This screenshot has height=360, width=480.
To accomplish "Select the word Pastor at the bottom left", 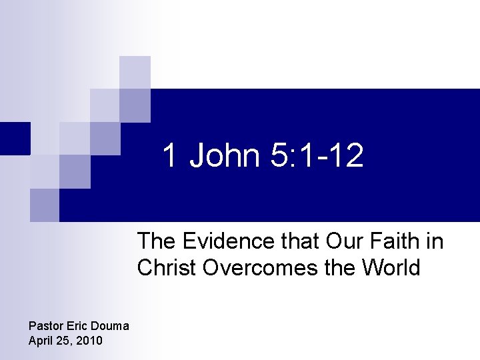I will pos(44,327).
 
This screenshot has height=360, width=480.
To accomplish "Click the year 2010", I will pos(90,341).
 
